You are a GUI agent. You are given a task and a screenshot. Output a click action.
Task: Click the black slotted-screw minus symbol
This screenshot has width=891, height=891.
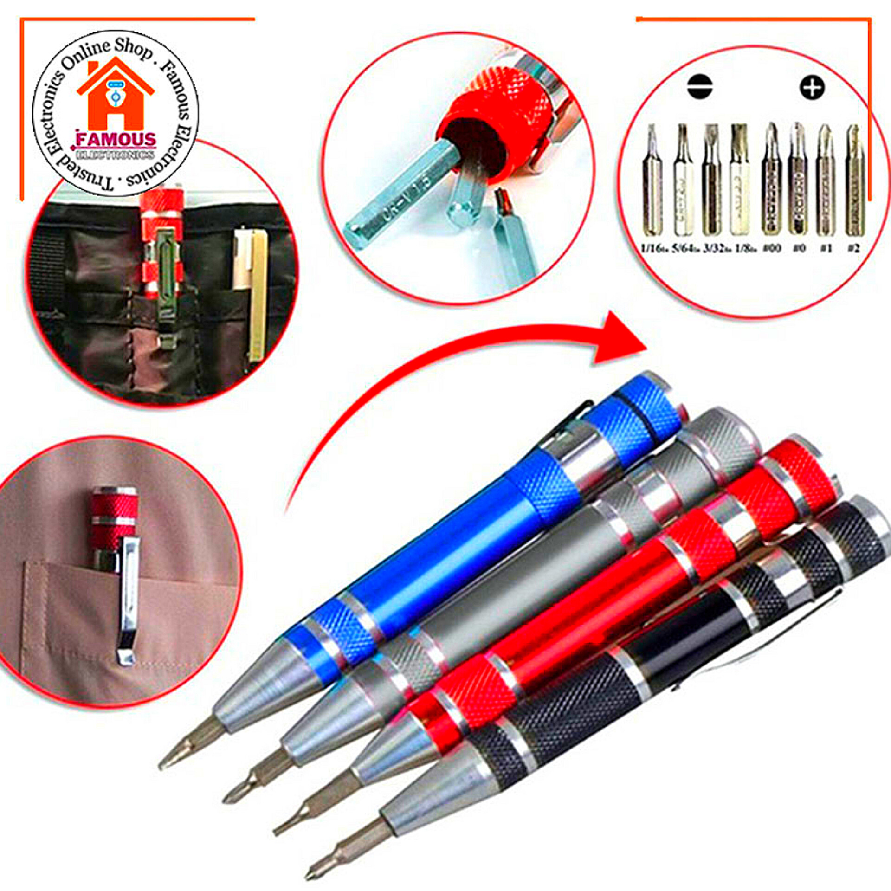(700, 86)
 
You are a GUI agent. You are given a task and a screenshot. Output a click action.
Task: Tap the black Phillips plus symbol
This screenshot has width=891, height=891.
(812, 87)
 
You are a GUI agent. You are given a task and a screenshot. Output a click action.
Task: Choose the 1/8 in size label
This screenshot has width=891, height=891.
(745, 249)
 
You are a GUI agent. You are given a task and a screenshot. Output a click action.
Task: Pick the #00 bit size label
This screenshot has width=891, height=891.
(771, 249)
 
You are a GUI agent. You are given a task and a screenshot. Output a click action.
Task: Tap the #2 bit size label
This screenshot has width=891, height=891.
(853, 249)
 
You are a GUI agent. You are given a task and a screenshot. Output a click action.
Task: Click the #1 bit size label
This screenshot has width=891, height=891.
(826, 249)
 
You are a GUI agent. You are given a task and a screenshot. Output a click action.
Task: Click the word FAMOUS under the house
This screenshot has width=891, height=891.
(116, 139)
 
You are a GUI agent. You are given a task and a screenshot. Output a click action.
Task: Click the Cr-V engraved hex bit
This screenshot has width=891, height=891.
(399, 204)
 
